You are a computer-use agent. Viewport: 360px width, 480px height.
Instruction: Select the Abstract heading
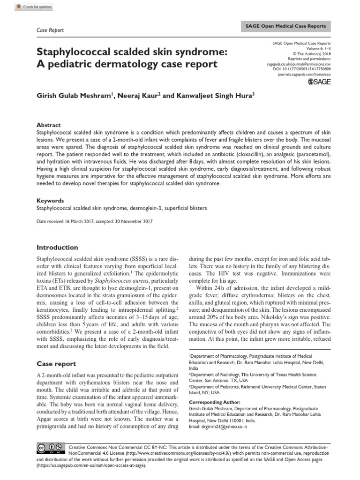coord(49,125)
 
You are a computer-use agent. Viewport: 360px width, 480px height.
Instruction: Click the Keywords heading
coord(50,200)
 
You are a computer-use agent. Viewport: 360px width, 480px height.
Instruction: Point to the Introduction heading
coord(57,247)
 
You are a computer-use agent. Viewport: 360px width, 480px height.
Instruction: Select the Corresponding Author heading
coord(215,402)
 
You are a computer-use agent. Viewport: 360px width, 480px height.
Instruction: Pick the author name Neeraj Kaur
coord(138,96)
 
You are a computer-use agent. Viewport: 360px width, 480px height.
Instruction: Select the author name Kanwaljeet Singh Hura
coord(213,96)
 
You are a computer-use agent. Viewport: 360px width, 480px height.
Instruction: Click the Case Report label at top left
coord(50,30)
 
